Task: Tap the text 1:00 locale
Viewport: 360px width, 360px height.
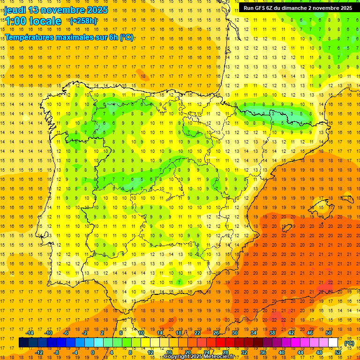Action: (33, 21)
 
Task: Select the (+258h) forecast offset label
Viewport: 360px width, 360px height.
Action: (83, 21)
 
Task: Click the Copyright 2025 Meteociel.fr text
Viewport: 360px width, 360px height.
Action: (199, 357)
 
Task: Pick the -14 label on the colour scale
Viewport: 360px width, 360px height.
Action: (30, 333)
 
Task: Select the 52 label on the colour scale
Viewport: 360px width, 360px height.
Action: (338, 352)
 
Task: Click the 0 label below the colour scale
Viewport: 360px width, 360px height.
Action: (92, 352)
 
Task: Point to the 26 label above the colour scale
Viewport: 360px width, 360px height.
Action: (216, 333)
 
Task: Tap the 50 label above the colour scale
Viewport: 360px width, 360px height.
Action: (329, 333)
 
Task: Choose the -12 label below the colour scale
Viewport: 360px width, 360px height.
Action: (39, 352)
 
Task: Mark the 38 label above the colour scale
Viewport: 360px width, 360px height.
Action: (272, 333)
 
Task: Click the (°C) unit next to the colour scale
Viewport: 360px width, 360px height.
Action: (349, 343)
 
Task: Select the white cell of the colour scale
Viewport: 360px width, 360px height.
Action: (333, 343)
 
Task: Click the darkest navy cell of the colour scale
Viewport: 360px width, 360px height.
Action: (23, 343)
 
